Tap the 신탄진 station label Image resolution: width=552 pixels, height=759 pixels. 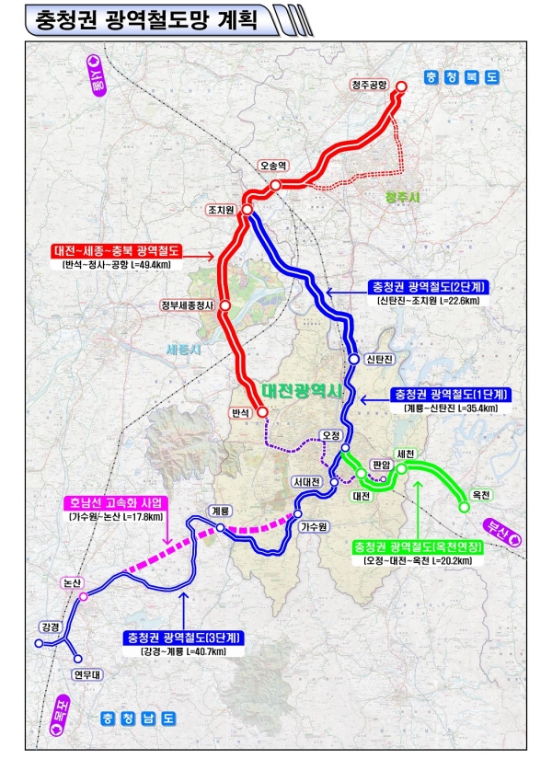click(378, 358)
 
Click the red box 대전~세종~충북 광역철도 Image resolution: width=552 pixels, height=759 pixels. click(117, 250)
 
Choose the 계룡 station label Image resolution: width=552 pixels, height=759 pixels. click(219, 511)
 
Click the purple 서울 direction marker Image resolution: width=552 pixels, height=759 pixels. click(95, 73)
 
